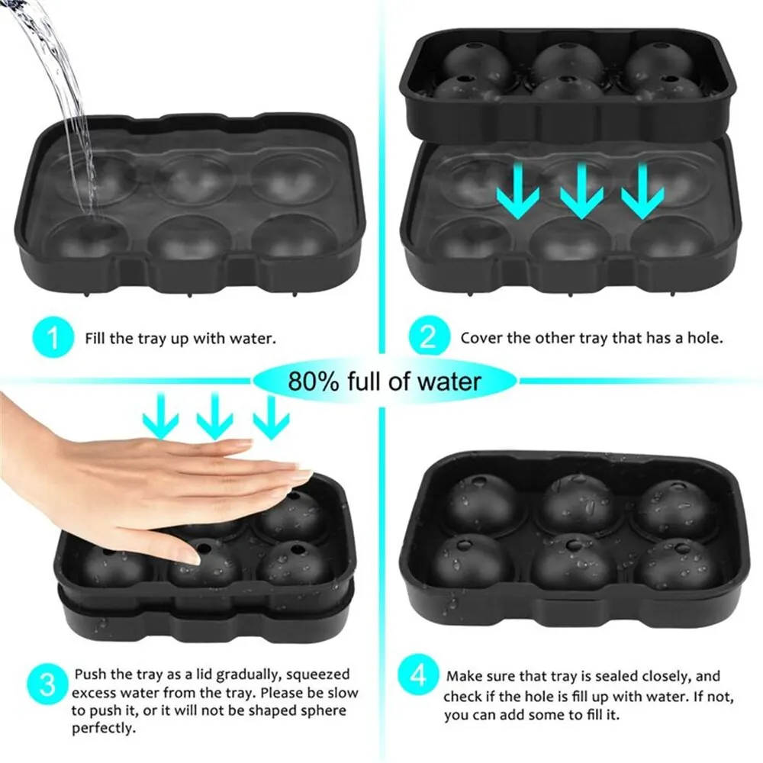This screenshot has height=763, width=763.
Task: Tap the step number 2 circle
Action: [x=423, y=337]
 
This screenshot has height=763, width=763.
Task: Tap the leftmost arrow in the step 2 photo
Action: [x=517, y=191]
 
